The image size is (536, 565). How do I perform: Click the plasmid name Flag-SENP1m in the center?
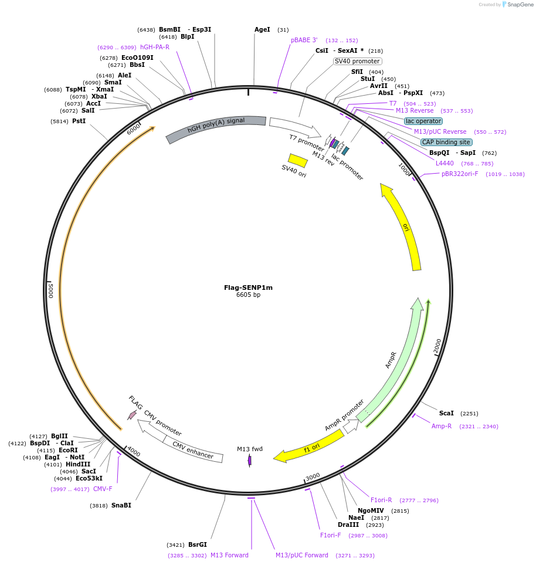pos(248,287)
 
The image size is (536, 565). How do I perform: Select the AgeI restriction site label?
pos(262,29)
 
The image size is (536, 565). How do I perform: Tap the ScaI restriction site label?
pos(446,413)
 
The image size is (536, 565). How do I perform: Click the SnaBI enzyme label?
pos(121,505)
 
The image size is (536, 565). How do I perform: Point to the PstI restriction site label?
pos(79,121)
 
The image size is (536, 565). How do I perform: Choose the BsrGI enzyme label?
pos(198,544)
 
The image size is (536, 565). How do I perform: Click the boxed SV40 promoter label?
pos(357,61)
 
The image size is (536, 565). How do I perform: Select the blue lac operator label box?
pos(423,121)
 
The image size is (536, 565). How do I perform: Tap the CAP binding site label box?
pos(446,142)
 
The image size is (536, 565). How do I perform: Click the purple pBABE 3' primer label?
pos(304,40)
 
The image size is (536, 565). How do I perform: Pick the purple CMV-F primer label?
pos(103,489)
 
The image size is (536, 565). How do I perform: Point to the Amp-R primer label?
pos(442,426)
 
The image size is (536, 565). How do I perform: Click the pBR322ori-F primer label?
pos(460,174)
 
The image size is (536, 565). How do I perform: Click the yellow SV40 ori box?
pos(298,160)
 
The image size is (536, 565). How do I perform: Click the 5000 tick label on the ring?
pos(51,290)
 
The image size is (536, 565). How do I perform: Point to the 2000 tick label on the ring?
pos(437,346)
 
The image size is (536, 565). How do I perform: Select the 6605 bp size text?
pos(248,295)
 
